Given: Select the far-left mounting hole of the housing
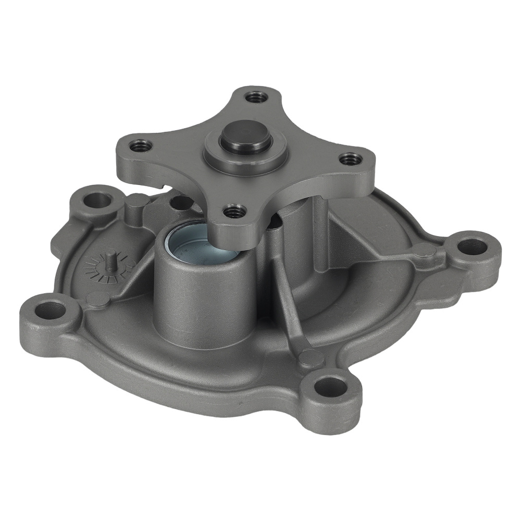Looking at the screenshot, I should point(51,311).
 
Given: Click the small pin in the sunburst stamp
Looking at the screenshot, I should point(110,258).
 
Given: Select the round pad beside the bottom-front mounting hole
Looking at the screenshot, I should point(311,356).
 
